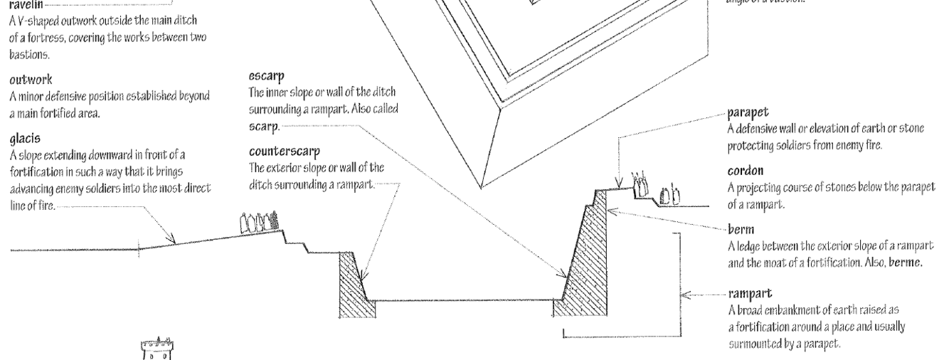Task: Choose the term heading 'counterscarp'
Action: [x=284, y=152]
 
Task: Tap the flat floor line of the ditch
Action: [x=462, y=300]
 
